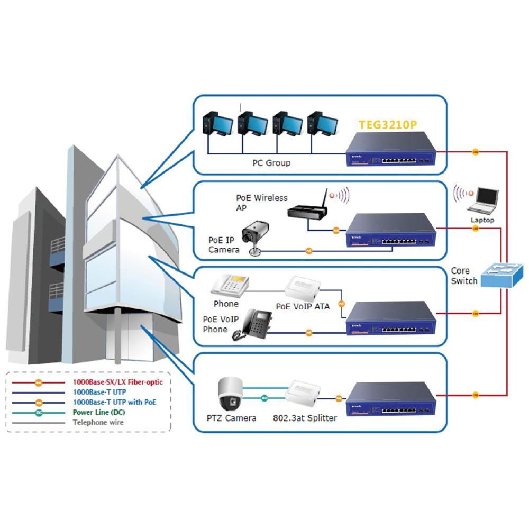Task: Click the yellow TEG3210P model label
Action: pyautogui.click(x=387, y=125)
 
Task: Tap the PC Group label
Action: pyautogui.click(x=271, y=163)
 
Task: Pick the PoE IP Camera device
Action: pyautogui.click(x=256, y=236)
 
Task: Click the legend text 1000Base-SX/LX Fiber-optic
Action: pyautogui.click(x=117, y=381)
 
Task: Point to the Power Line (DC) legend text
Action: pyautogui.click(x=99, y=412)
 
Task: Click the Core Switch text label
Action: pyautogui.click(x=464, y=276)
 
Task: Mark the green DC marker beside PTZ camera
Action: pyautogui.click(x=264, y=397)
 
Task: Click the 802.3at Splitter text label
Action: pyautogui.click(x=305, y=418)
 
